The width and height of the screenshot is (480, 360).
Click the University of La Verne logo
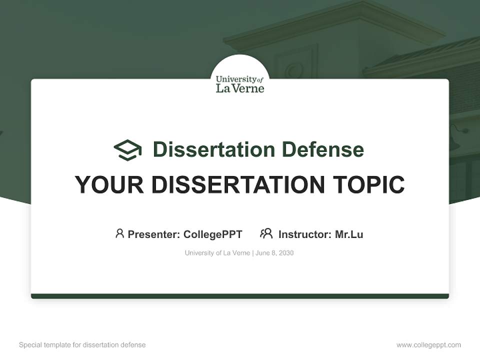[x=240, y=83]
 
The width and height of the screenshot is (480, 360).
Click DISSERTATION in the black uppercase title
[x=238, y=185]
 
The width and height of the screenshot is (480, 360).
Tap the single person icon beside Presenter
[x=119, y=233]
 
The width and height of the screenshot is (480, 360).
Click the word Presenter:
[x=153, y=234]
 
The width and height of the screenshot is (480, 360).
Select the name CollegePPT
[x=212, y=234]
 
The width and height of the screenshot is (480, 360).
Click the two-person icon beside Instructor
[x=266, y=233]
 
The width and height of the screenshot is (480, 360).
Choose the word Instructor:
[x=304, y=234]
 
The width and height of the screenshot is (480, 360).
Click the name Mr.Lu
[x=349, y=234]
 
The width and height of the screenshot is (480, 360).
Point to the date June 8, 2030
[x=274, y=253]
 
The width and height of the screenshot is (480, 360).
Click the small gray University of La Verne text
[x=217, y=253]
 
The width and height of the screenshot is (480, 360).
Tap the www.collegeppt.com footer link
[x=428, y=345]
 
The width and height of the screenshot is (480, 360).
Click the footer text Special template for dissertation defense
[x=82, y=345]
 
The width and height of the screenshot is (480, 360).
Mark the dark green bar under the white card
[x=240, y=296]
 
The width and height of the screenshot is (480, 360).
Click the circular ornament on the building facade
[x=294, y=70]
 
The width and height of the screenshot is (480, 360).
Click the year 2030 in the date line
[x=286, y=253]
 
